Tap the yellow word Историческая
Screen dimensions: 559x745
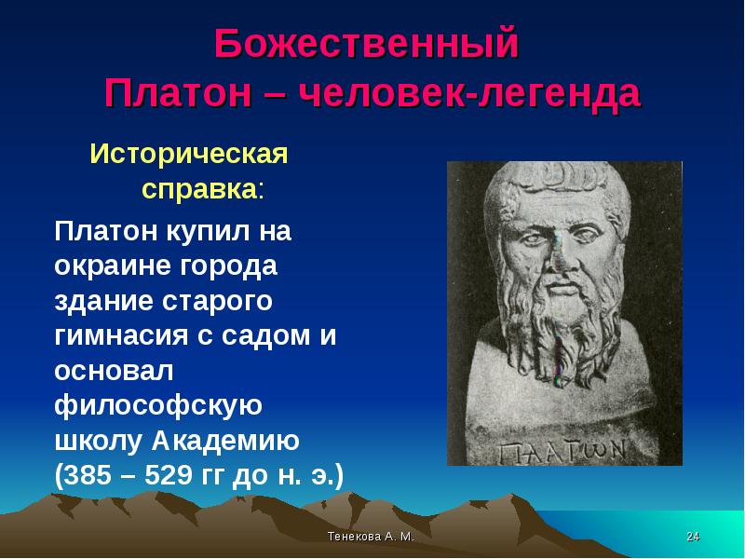click(188, 152)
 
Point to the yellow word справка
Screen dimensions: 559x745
click(197, 190)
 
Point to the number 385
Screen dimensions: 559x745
click(92, 476)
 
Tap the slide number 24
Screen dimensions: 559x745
click(692, 539)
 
